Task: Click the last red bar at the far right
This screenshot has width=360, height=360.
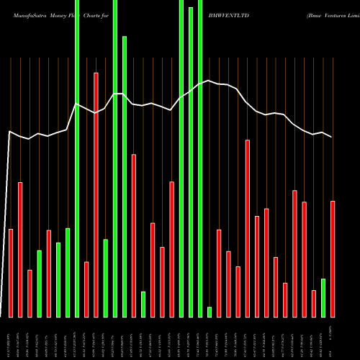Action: [x=332, y=258]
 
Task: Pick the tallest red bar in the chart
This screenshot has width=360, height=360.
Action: [x=96, y=194]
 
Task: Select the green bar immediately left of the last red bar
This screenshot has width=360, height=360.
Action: [x=323, y=297]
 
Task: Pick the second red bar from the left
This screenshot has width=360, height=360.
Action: [x=20, y=249]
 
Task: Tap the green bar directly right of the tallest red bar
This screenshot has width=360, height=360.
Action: [x=105, y=278]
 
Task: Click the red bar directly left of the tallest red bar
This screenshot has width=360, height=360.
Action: [x=86, y=289]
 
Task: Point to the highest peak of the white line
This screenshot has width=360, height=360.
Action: [x=209, y=81]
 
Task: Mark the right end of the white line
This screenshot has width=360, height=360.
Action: [x=332, y=137]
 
